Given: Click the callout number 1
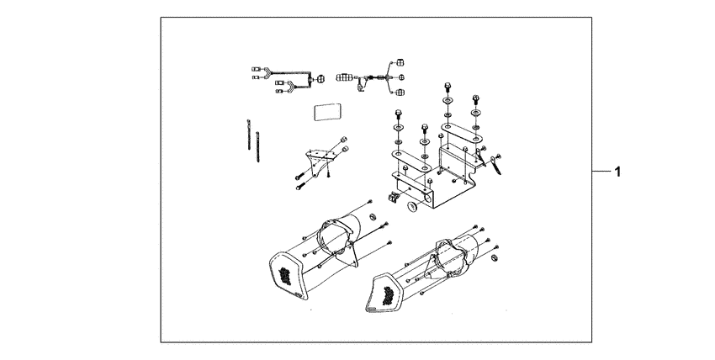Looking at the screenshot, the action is pyautogui.click(x=617, y=172).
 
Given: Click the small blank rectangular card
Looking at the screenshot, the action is pyautogui.click(x=327, y=112).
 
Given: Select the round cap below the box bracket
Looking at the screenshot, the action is pyautogui.click(x=413, y=208).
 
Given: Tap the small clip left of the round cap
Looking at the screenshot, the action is pyautogui.click(x=393, y=198).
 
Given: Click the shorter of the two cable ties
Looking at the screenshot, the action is pyautogui.click(x=257, y=146).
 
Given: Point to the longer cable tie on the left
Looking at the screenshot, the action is pyautogui.click(x=249, y=135).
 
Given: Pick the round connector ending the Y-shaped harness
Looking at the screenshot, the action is pyautogui.click(x=320, y=79).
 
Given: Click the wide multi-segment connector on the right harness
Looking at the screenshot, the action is pyautogui.click(x=344, y=78).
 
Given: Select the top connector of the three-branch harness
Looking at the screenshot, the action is pyautogui.click(x=400, y=62).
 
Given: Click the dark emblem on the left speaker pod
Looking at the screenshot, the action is pyautogui.click(x=285, y=275).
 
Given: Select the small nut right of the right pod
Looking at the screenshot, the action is pyautogui.click(x=494, y=259).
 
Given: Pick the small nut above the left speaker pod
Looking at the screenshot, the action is pyautogui.click(x=372, y=216).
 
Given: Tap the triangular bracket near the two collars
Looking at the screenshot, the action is pyautogui.click(x=321, y=161).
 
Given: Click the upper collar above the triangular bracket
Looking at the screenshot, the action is pyautogui.click(x=345, y=139).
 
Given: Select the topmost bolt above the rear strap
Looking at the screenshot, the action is pyautogui.click(x=448, y=86).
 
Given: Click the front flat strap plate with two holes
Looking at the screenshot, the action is pyautogui.click(x=412, y=161).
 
